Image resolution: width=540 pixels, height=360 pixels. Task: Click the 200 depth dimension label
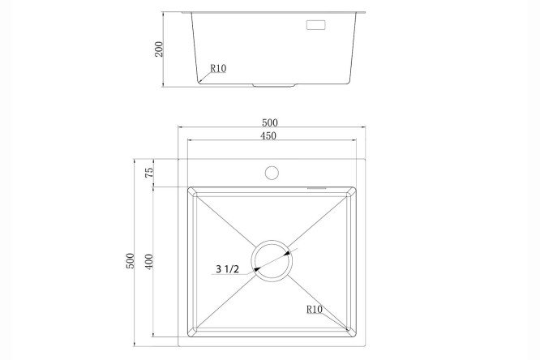[x=159, y=49]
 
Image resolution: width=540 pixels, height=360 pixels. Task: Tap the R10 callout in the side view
[x=218, y=69]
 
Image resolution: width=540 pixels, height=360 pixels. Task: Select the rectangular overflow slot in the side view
[x=315, y=25]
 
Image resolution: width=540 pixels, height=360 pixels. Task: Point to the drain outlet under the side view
[x=274, y=85]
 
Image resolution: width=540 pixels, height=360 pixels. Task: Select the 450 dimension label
[x=268, y=135]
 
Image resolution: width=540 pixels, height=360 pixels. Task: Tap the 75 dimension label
[x=149, y=173]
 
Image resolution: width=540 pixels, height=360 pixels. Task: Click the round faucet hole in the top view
[x=272, y=173]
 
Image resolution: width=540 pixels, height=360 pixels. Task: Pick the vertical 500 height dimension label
[x=130, y=261]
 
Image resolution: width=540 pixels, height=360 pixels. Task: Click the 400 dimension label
[x=148, y=261]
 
